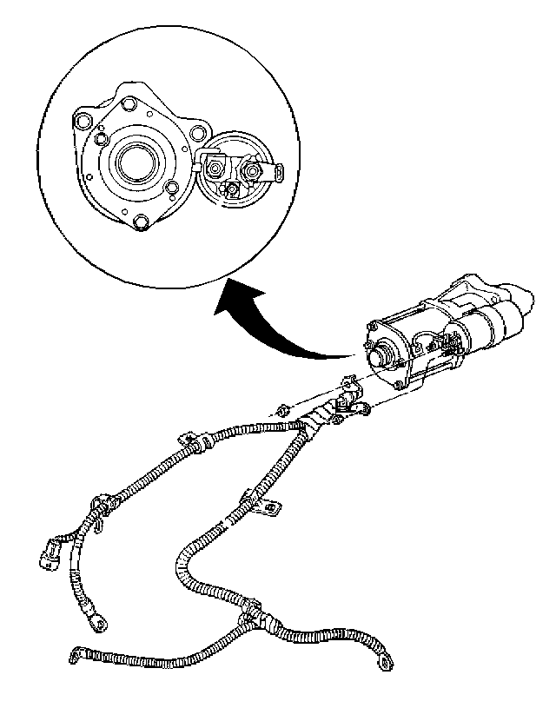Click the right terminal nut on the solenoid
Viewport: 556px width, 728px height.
pyautogui.click(x=254, y=171)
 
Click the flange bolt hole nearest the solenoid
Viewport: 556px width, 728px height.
pyautogui.click(x=197, y=133)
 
